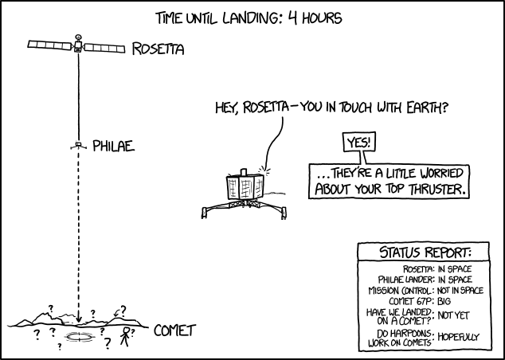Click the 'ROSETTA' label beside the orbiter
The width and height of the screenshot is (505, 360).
pyautogui.click(x=158, y=50)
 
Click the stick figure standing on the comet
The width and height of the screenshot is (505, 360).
pyautogui.click(x=124, y=335)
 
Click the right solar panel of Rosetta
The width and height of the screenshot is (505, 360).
pyautogui.click(x=104, y=49)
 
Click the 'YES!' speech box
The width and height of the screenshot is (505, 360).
pyautogui.click(x=358, y=143)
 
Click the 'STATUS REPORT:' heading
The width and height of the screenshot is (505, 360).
pyautogui.click(x=425, y=253)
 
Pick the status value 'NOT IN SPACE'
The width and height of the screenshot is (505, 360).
pyautogui.click(x=460, y=291)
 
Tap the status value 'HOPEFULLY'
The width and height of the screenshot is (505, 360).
pyautogui.click(x=458, y=337)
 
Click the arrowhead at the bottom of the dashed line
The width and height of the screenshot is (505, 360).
pyautogui.click(x=78, y=316)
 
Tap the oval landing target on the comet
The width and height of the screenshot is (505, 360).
pyautogui.click(x=80, y=338)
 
